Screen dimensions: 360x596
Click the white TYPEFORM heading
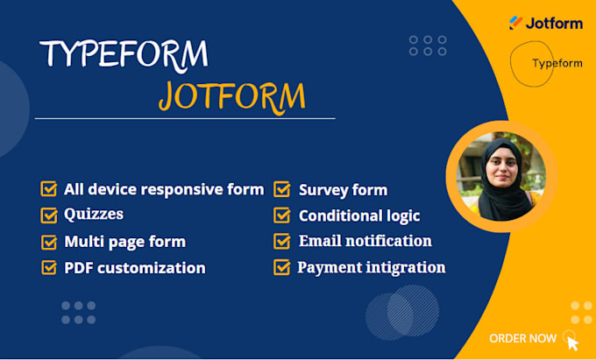pos(124,54)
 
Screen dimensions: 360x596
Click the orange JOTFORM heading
pos(232,95)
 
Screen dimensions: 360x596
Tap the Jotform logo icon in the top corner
pos(516,24)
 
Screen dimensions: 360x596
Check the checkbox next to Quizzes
pos(49,215)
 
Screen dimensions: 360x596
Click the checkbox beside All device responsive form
pos(49,189)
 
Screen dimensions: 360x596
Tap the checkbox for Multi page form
pos(49,242)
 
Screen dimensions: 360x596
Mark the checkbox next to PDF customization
pos(49,268)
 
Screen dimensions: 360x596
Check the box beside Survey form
pos(282,189)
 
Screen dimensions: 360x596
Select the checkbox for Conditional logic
pos(282,215)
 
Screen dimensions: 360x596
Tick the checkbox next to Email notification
pos(282,241)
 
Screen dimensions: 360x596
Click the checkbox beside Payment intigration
pos(282,268)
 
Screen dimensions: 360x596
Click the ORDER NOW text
pos(522,338)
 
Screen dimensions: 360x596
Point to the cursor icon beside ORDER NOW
pos(571,340)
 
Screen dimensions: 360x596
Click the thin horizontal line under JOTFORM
pos(184,118)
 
